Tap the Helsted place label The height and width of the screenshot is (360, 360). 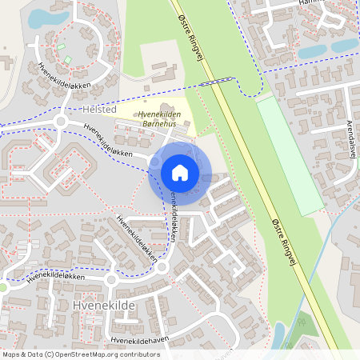100,109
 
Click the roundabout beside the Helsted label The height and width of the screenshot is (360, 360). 60,122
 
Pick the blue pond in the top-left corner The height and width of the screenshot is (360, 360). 38,18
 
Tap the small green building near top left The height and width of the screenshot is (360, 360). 67,60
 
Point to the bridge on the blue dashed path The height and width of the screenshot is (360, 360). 215,81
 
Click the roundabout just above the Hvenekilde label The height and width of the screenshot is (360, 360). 111,281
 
